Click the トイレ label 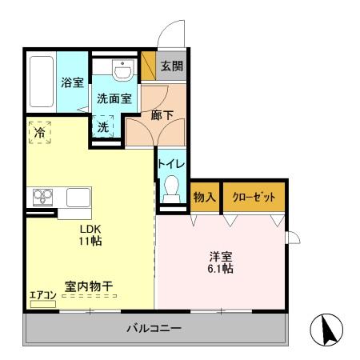click(x=171, y=163)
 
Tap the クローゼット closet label click(x=253, y=197)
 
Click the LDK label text click(x=88, y=226)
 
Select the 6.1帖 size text click(x=220, y=269)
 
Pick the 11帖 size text click(x=90, y=240)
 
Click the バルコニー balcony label click(x=154, y=329)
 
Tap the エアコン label click(x=42, y=295)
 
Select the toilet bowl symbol click(x=170, y=189)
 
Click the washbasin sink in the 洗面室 click(x=122, y=74)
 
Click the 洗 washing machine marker click(x=104, y=126)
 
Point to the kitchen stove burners click(x=42, y=196)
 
